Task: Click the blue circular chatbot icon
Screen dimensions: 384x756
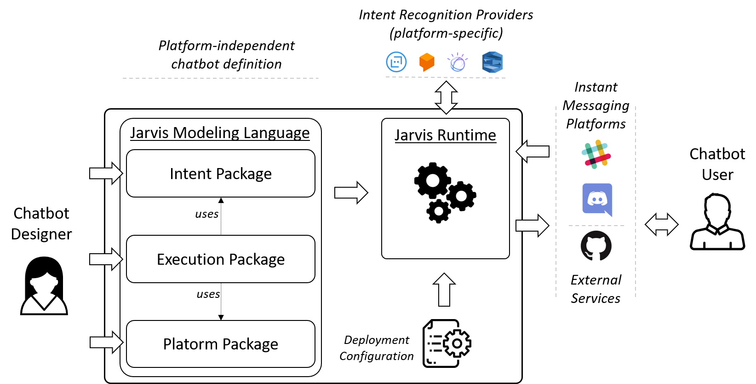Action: click(396, 62)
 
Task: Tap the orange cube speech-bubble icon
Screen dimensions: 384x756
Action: click(427, 62)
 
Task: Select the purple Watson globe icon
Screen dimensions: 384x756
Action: click(458, 63)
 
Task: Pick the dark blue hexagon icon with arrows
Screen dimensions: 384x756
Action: click(492, 62)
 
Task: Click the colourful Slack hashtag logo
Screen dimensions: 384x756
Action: click(596, 154)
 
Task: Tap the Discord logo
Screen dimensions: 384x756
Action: click(597, 200)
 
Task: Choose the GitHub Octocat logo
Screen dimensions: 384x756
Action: click(596, 246)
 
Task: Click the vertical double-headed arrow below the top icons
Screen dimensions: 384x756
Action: click(446, 98)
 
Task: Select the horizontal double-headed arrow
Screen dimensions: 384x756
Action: click(661, 225)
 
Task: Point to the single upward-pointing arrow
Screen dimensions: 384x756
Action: click(444, 290)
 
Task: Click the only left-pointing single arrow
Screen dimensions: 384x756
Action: click(533, 151)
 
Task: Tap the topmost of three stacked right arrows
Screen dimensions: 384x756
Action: click(106, 173)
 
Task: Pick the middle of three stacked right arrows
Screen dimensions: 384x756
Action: click(106, 259)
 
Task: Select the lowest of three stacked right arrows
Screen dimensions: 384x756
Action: click(106, 343)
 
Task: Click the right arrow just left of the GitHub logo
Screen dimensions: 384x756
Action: click(532, 226)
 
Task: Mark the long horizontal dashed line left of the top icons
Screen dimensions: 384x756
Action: click(221, 78)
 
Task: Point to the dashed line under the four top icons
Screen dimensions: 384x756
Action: click(445, 77)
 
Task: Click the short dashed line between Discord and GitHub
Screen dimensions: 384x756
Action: click(596, 226)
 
